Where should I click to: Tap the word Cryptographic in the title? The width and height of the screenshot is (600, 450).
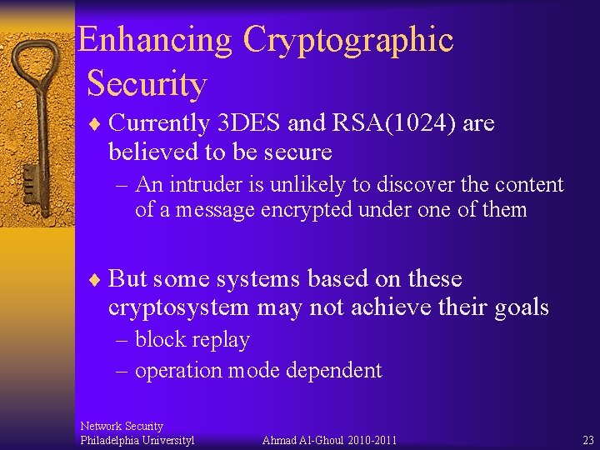(x=348, y=40)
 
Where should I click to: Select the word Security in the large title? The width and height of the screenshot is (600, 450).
(x=146, y=84)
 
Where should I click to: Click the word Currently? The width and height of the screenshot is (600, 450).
(x=159, y=123)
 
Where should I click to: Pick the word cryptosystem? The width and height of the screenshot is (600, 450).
(x=178, y=307)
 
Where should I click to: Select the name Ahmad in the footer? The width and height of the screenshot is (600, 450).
(x=279, y=440)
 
